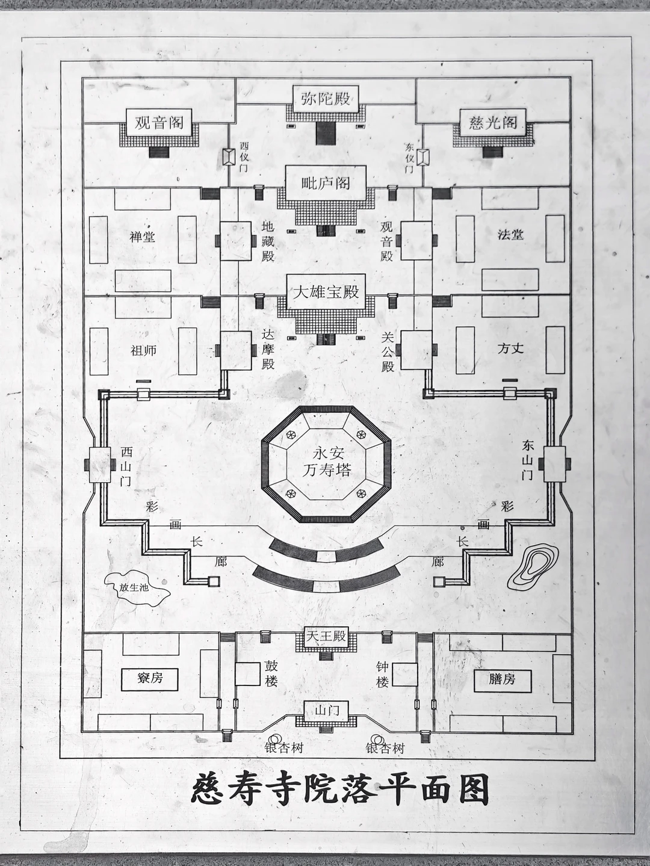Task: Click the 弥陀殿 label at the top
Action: (x=326, y=97)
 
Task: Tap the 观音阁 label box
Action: (x=159, y=123)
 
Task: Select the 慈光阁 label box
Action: (x=493, y=123)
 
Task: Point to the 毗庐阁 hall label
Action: (x=326, y=183)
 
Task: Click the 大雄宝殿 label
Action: (x=326, y=292)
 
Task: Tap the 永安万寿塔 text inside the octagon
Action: (x=326, y=462)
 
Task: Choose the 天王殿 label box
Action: (x=326, y=636)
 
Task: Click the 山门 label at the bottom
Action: (x=326, y=711)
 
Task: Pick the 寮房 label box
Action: (x=150, y=678)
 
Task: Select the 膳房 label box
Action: (x=502, y=679)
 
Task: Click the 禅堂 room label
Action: (x=143, y=237)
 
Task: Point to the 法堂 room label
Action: (x=510, y=235)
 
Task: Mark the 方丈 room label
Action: (x=510, y=348)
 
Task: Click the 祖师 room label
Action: (x=143, y=350)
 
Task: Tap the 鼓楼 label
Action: (x=271, y=674)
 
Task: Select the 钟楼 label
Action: (x=382, y=674)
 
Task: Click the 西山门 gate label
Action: (x=126, y=466)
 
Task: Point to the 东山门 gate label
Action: (x=528, y=460)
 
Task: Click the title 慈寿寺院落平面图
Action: (x=340, y=789)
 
